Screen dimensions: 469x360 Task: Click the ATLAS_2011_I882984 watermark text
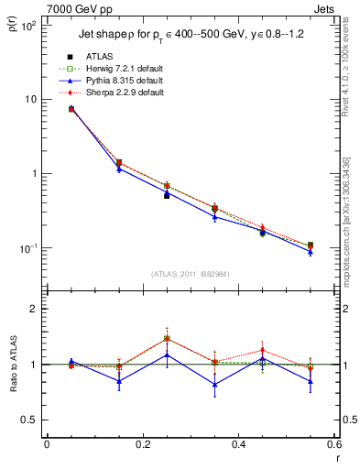click(x=189, y=273)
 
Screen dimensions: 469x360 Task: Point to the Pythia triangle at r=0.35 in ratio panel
click(x=214, y=384)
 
